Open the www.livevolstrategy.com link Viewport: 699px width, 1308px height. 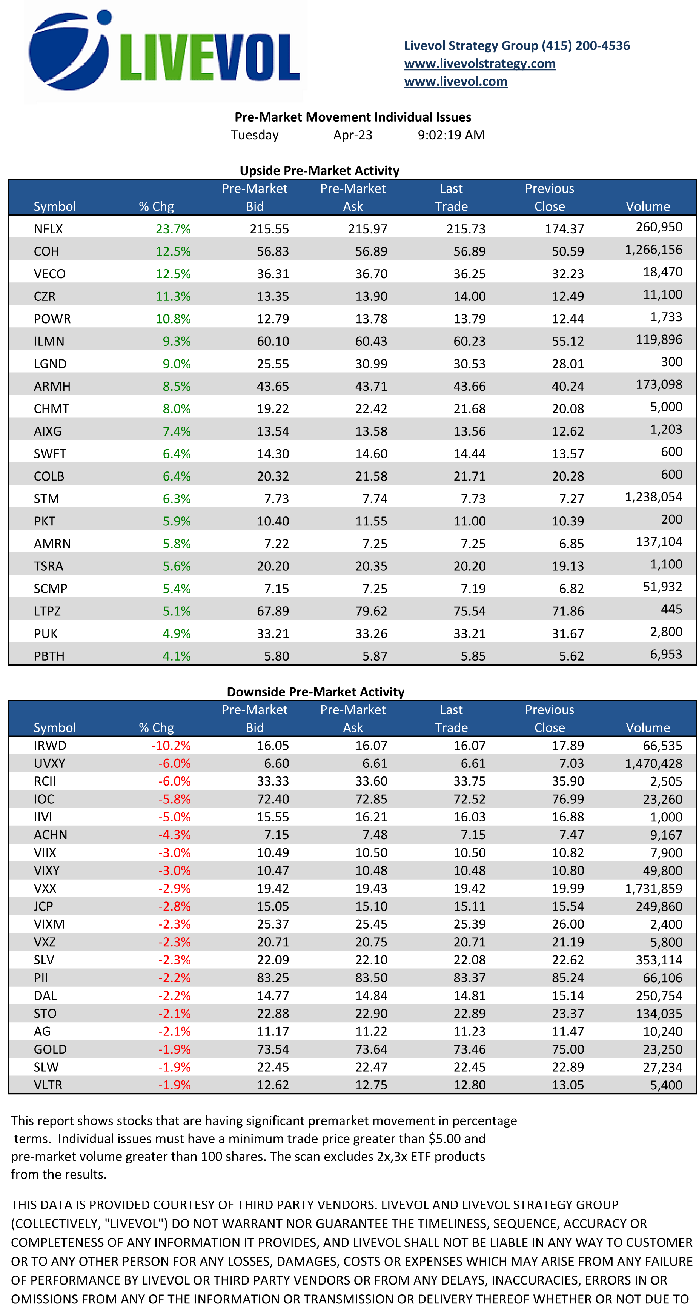coord(479,63)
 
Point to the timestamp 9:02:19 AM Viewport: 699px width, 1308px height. coord(451,135)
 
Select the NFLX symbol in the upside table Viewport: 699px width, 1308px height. coord(48,229)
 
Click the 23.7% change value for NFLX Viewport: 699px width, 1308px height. coord(173,229)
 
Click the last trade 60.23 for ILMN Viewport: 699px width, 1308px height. coord(469,341)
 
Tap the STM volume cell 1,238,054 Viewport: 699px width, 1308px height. coord(653,497)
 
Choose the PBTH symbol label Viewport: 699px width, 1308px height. coord(49,656)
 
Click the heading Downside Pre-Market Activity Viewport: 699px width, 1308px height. coord(315,692)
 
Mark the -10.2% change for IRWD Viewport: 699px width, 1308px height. coord(171,746)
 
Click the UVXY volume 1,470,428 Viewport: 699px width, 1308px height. coord(653,764)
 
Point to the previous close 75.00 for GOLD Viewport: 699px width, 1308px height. coord(568,1049)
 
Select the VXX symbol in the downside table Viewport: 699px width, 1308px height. coord(45,889)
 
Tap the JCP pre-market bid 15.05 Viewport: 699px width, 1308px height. coord(273,906)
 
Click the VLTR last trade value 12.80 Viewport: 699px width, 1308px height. coord(469,1085)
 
